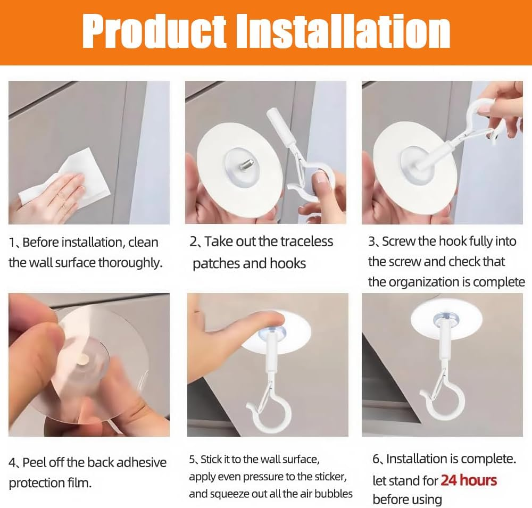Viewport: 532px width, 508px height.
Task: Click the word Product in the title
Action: [x=154, y=32]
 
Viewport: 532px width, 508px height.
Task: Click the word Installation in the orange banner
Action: [x=343, y=32]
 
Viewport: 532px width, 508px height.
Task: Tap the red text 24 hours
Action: [x=469, y=480]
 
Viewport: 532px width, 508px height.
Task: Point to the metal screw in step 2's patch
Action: [x=247, y=165]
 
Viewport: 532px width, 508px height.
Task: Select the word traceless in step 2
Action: [x=306, y=241]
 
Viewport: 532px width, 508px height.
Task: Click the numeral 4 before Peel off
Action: [x=12, y=463]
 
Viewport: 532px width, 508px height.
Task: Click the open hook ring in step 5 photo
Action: [x=268, y=415]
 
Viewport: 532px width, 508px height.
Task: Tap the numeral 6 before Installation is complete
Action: [x=376, y=459]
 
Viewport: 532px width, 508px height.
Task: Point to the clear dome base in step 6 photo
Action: [x=446, y=319]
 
